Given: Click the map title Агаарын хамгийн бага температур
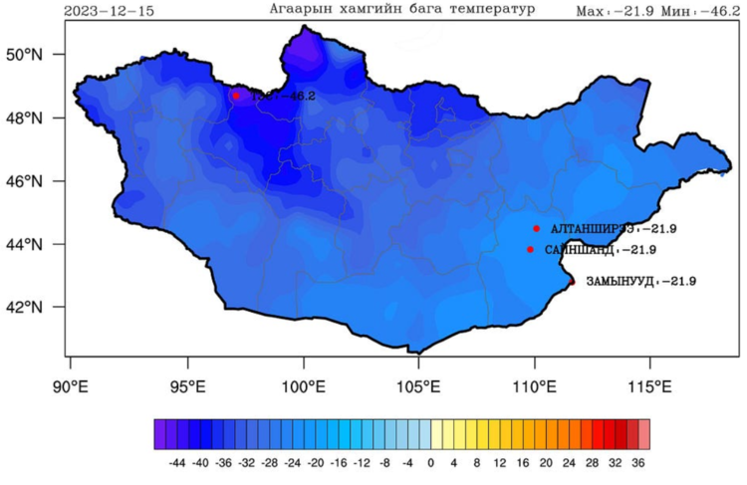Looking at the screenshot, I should click(402, 9).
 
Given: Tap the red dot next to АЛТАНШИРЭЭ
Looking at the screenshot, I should click(536, 228).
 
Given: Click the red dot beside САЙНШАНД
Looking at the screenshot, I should click(530, 249).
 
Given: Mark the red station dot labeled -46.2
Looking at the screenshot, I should click(236, 96).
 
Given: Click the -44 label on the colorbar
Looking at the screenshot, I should click(178, 463).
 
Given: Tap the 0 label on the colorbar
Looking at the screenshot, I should click(430, 463).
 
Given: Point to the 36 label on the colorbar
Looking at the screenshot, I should click(637, 463).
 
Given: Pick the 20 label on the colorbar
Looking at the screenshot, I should click(545, 463).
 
